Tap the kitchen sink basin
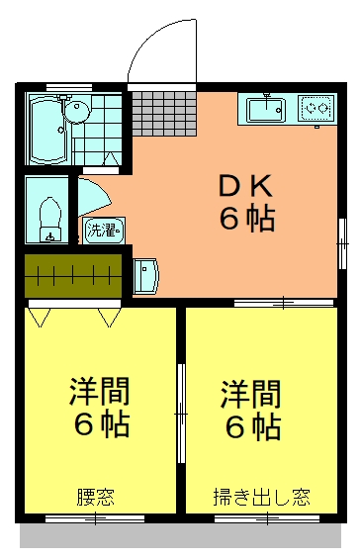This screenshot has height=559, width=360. [267, 110]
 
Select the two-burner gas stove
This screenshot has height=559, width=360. [317, 107]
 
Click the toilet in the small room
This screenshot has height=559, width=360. [50, 220]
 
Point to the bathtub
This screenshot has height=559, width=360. [48, 129]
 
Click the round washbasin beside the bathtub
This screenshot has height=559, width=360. [76, 111]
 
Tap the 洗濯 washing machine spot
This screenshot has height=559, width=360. [104, 231]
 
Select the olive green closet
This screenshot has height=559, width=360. [73, 275]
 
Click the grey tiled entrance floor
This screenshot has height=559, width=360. [164, 114]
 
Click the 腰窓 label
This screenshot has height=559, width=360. [96, 497]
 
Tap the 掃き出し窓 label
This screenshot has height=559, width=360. [262, 497]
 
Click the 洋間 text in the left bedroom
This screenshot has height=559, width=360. [100, 391]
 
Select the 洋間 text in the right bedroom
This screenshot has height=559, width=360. [251, 394]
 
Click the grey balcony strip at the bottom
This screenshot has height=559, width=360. [180, 535]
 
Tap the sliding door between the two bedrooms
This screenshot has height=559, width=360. [181, 414]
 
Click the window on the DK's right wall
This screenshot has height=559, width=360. [342, 243]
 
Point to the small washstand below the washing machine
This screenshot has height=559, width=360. [145, 276]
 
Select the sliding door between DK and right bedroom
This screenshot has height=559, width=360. [284, 303]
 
